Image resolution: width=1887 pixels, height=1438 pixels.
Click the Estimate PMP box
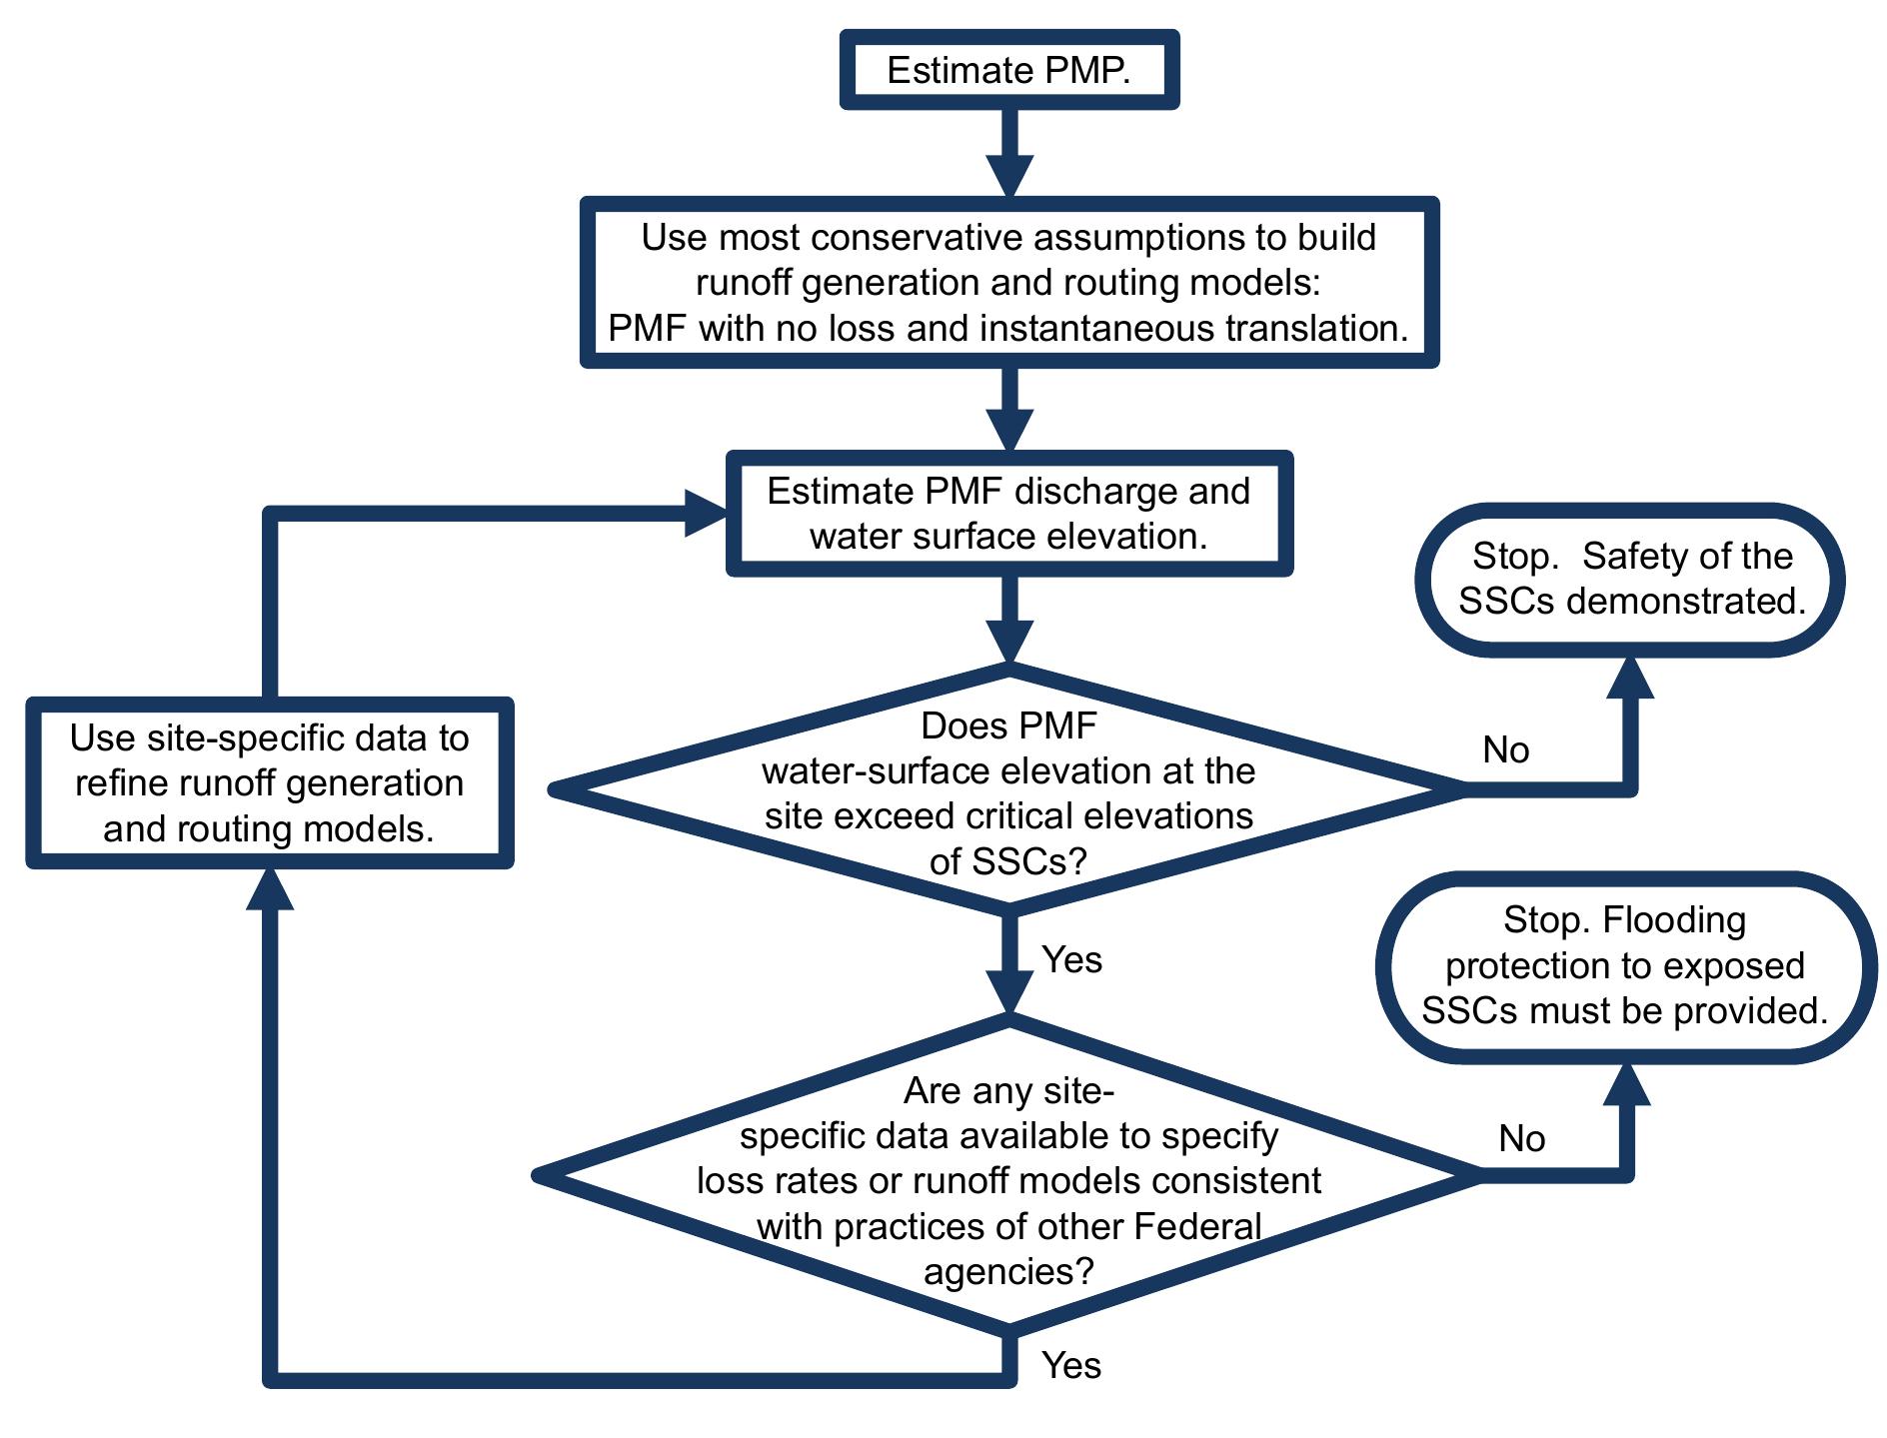pyautogui.click(x=1008, y=70)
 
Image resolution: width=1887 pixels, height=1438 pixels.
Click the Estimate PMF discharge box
pyautogui.click(x=1008, y=514)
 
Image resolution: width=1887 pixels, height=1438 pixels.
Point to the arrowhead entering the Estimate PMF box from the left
pyautogui.click(x=706, y=514)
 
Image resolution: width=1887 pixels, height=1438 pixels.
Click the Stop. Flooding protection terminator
pyautogui.click(x=1625, y=966)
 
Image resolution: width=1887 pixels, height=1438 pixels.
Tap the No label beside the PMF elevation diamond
pyautogui.click(x=1505, y=749)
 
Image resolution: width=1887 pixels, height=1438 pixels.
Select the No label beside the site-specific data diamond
pyautogui.click(x=1521, y=1138)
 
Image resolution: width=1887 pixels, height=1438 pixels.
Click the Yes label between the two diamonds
pyautogui.click(x=1071, y=959)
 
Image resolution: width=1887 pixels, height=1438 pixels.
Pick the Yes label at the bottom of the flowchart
pyautogui.click(x=1071, y=1365)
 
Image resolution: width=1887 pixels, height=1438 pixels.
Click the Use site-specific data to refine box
pyautogui.click(x=269, y=782)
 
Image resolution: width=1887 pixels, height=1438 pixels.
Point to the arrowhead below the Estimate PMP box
pyautogui.click(x=1009, y=176)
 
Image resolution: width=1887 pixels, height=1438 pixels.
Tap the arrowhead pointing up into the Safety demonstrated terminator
pyautogui.click(x=1630, y=679)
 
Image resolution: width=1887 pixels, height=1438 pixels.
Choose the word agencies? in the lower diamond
pyautogui.click(x=1008, y=1272)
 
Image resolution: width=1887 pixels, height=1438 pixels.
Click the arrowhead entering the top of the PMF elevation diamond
pyautogui.click(x=1009, y=641)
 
